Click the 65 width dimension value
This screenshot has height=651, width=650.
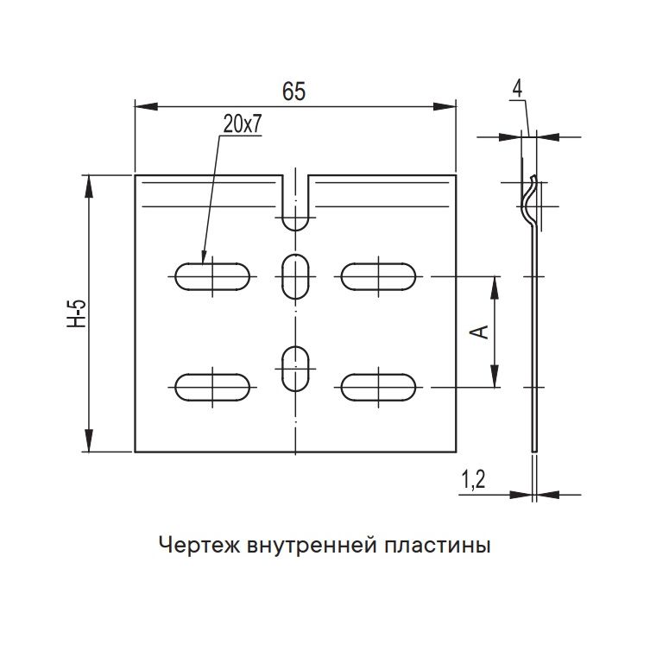pyautogui.click(x=294, y=92)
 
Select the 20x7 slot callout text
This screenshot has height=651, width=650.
pyautogui.click(x=241, y=123)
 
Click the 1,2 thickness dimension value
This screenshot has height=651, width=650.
pyautogui.click(x=472, y=479)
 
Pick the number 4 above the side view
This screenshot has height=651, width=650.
pyautogui.click(x=516, y=88)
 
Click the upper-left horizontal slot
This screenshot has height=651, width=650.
pyautogui.click(x=212, y=276)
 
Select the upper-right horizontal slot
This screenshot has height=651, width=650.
pyautogui.click(x=379, y=276)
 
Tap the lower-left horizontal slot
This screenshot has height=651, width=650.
pyautogui.click(x=212, y=386)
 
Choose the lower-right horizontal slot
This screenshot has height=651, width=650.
pyautogui.click(x=379, y=386)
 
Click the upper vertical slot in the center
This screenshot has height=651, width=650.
pyautogui.click(x=296, y=275)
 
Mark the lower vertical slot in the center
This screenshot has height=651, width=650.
pyautogui.click(x=296, y=369)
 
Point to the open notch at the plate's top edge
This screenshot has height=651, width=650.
pyautogui.click(x=296, y=203)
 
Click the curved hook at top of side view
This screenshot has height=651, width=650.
pyautogui.click(x=530, y=200)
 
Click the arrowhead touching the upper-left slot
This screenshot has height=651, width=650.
pyautogui.click(x=205, y=256)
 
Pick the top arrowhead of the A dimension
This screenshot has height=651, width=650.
pyautogui.click(x=495, y=282)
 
